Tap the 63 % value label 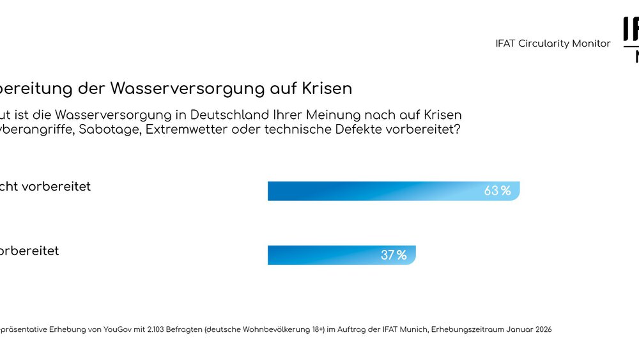tap(497, 191)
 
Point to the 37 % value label tap(394, 255)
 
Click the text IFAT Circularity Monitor tap(553, 43)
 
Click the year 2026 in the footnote tap(543, 329)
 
